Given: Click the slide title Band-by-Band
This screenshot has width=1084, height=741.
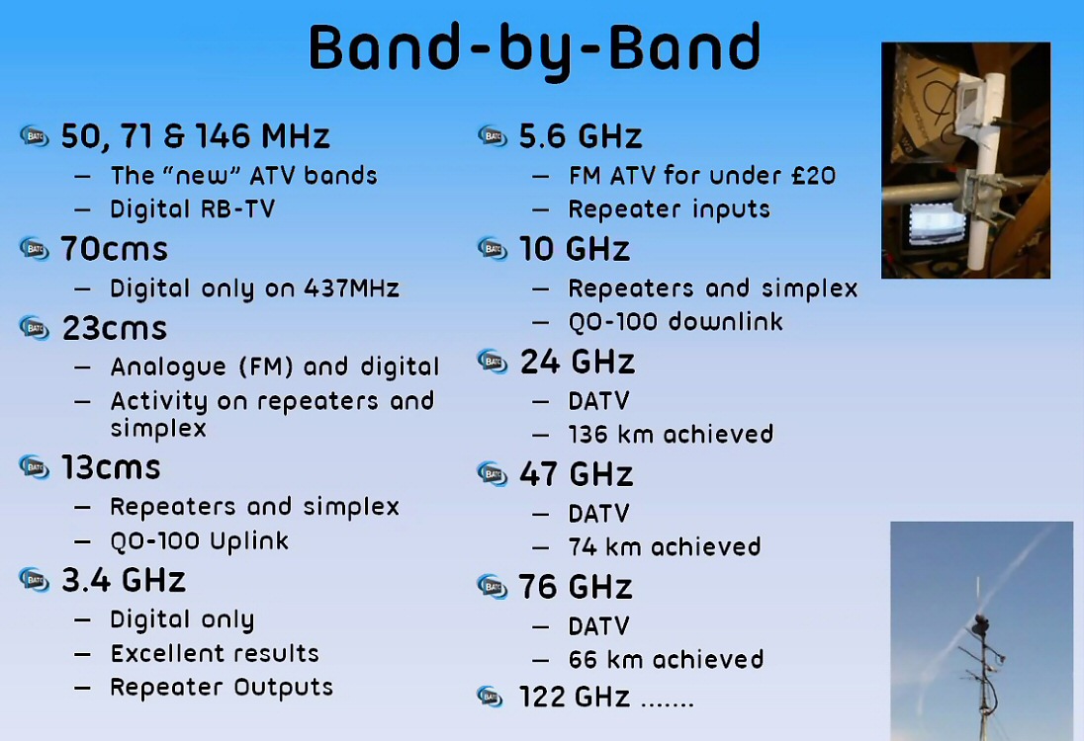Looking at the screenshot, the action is pos(534,48).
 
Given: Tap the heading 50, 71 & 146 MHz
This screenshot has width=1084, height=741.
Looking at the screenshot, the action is pos(195,136).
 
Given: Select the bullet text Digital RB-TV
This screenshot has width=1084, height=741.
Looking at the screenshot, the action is pos(192,208).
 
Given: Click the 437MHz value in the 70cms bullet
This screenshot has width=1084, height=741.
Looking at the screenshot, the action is pos(352,288).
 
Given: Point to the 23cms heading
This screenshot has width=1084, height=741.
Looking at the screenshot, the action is pos(115,328).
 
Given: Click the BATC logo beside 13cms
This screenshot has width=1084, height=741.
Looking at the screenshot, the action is pos(34,467).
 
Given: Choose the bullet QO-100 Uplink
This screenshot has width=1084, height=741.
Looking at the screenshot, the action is pos(199,540).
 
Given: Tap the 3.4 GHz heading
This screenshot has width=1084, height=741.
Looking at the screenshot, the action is pos(124,580).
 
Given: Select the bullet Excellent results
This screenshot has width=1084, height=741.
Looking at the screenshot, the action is pos(215,653).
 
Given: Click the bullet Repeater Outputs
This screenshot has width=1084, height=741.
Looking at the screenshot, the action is pos(222,687).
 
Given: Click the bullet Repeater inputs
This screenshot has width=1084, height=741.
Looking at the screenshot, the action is pos(670,209).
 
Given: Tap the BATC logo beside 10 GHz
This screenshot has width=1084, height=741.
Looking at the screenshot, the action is pos(493,249).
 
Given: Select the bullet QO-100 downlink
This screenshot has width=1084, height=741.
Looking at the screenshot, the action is pos(676,322).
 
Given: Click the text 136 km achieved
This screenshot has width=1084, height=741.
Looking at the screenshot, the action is pos(671,435).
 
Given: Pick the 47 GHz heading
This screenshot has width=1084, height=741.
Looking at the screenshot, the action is pos(576,474).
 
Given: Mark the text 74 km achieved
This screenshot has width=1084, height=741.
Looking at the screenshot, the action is pos(665,547).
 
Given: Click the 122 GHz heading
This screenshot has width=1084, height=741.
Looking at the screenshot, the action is pos(575,697).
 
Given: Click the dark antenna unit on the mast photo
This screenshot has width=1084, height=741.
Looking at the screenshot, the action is pos(980,625).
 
